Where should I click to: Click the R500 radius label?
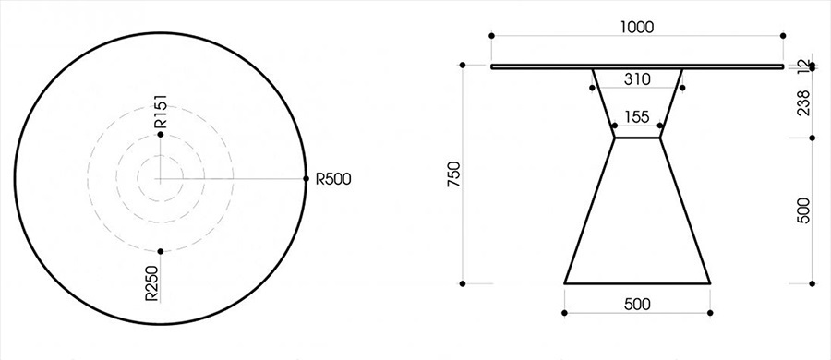333,179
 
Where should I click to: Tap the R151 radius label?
161,112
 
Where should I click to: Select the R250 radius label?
153,284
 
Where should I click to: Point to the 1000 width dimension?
637,27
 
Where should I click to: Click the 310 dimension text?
637,79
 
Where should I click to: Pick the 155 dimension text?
637,117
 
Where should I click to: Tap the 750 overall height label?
454,174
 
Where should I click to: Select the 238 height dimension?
803,102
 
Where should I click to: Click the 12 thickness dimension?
803,66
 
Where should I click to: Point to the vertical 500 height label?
803,210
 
